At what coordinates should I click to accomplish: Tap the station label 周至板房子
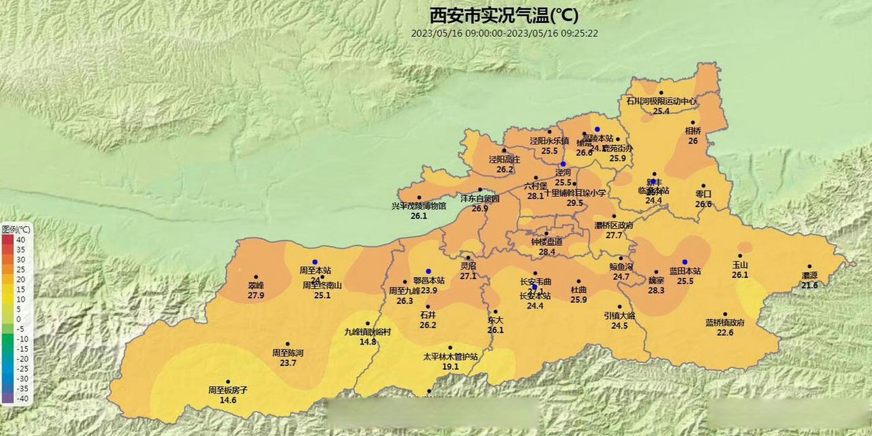click(228, 390)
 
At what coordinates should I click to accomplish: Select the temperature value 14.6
click(228, 400)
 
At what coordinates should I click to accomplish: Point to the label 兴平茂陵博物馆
click(419, 206)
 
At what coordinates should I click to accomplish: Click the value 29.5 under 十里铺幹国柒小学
click(575, 203)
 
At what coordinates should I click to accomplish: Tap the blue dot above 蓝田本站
click(685, 262)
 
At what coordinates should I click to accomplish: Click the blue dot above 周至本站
click(315, 262)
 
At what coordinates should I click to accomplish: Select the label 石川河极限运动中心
click(661, 101)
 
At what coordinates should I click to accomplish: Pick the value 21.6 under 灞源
click(809, 285)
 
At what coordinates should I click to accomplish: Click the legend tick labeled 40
click(21, 240)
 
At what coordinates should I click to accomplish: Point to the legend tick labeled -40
click(22, 399)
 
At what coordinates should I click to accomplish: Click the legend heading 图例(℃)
click(16, 229)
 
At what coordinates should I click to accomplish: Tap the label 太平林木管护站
click(450, 357)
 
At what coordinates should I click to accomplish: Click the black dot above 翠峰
click(256, 277)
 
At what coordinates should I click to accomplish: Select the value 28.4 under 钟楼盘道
click(547, 252)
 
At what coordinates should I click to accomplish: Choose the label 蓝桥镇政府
click(725, 323)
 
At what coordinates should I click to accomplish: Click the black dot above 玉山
click(740, 256)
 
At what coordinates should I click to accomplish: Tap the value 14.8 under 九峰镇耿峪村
click(368, 342)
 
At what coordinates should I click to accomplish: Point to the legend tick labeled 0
click(19, 319)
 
